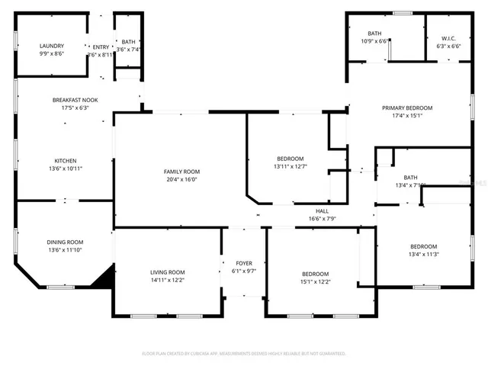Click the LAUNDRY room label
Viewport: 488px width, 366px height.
click(x=52, y=46)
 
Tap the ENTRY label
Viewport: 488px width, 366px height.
click(x=101, y=46)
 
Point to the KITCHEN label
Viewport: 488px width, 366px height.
click(x=65, y=159)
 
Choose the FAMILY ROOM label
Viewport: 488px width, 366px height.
click(x=181, y=172)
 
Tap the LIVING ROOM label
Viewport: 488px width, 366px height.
click(x=166, y=272)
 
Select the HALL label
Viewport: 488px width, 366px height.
click(x=323, y=210)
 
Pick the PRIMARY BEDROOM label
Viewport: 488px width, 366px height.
click(x=407, y=108)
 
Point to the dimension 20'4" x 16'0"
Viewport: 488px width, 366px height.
click(x=181, y=180)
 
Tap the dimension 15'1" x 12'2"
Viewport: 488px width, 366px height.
click(x=315, y=282)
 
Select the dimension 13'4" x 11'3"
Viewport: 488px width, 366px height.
click(x=423, y=255)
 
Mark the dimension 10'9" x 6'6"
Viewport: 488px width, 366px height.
click(x=374, y=42)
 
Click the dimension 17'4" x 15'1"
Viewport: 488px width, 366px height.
click(x=407, y=116)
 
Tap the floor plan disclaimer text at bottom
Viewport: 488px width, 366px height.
click(x=244, y=354)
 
